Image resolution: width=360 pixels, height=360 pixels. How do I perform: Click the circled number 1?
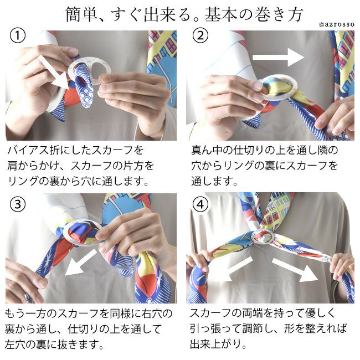pos(18,36)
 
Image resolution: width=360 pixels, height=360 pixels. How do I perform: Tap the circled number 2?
pos(200,35)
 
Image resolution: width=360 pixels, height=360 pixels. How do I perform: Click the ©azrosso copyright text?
pos(337,24)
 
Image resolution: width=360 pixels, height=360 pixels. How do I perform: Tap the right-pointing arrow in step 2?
pos(278,57)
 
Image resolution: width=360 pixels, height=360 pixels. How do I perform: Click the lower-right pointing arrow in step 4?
pos(295,270)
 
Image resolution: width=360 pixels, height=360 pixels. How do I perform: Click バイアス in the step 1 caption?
pos(28,150)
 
